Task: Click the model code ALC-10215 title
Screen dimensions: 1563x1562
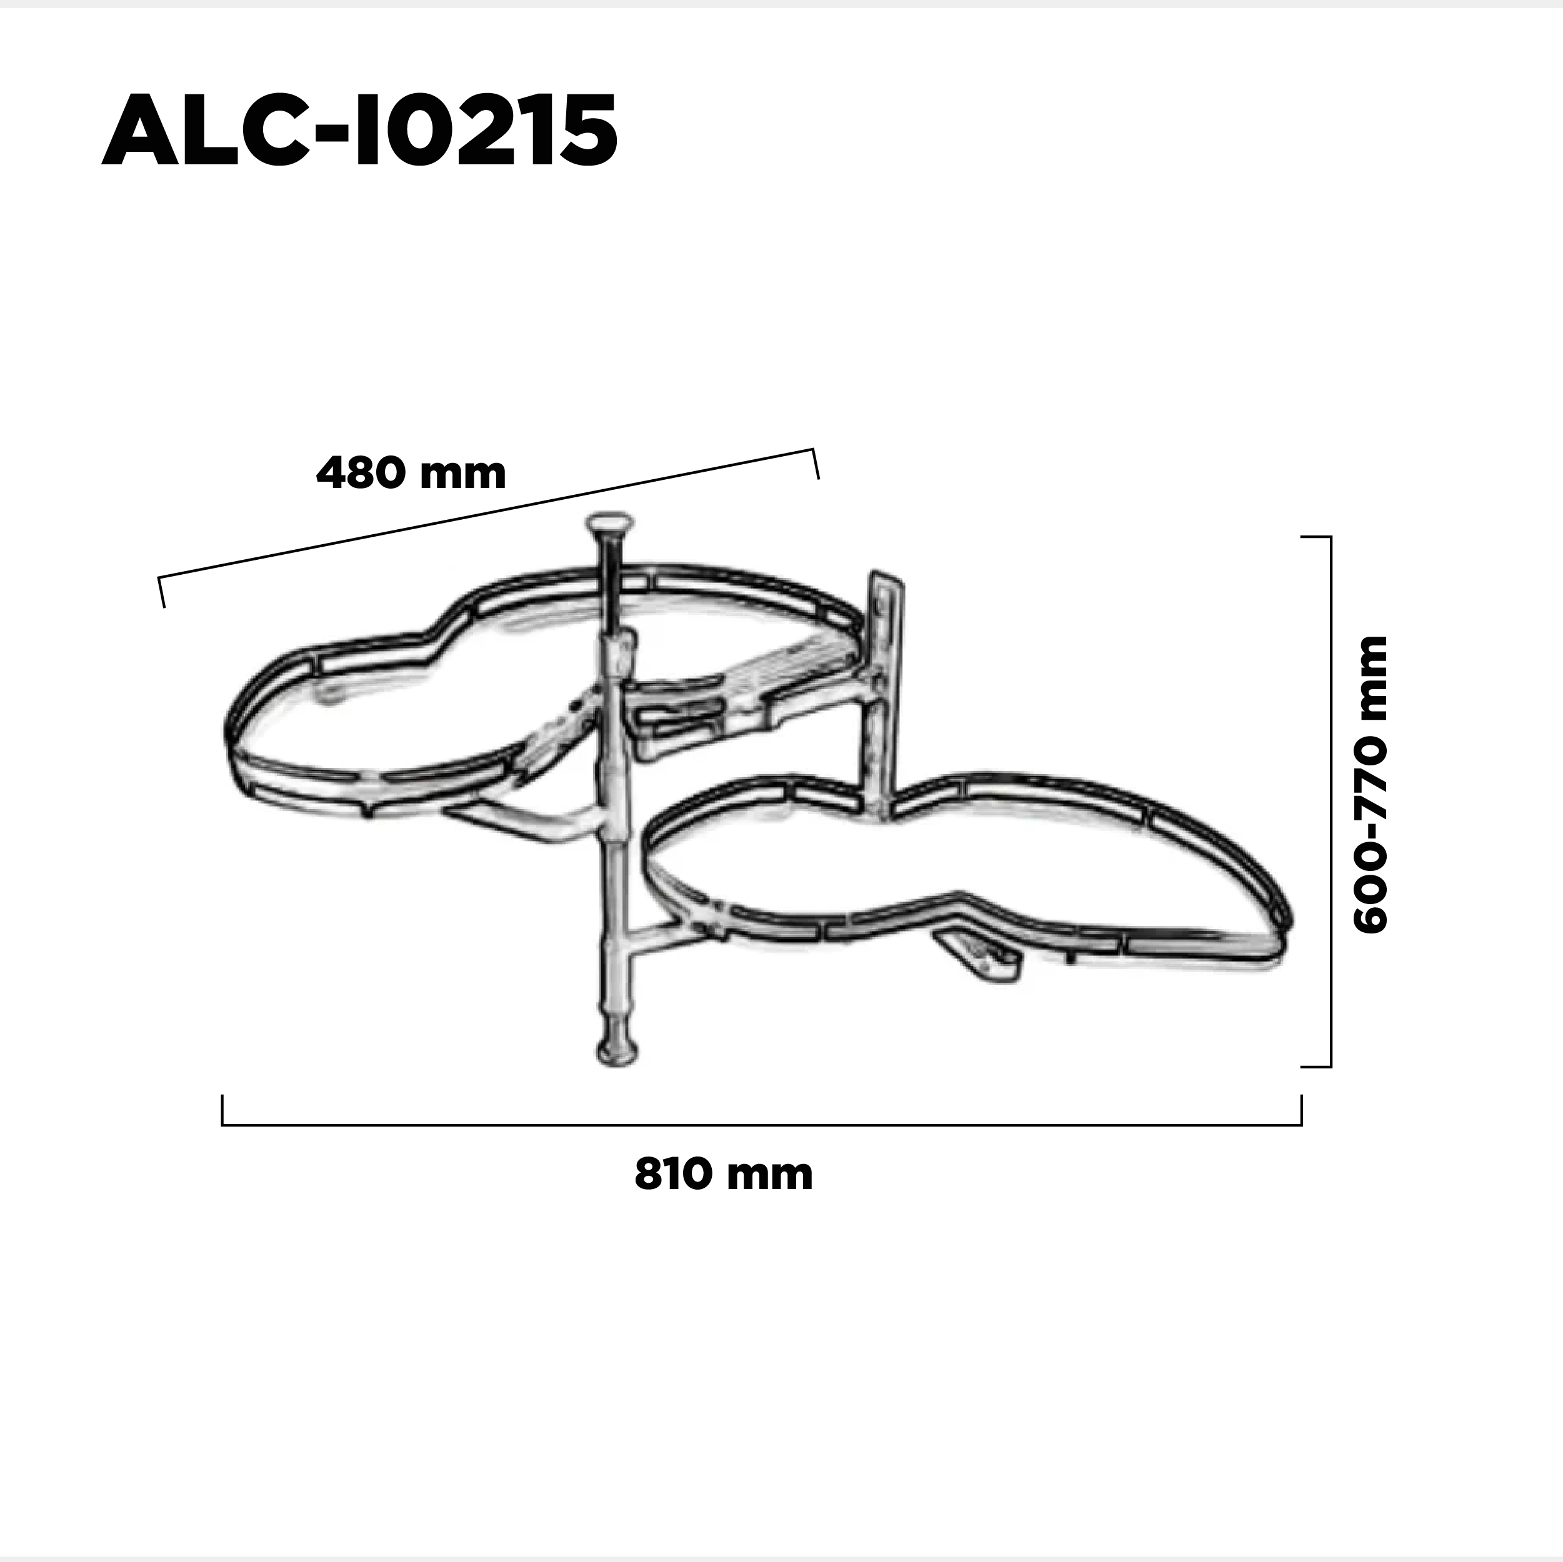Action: (x=360, y=130)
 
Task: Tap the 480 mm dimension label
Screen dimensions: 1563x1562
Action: (x=411, y=473)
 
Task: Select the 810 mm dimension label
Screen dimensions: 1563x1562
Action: (x=723, y=1174)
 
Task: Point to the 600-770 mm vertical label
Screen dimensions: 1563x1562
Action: (x=1371, y=785)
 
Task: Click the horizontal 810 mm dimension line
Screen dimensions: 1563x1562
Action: (x=761, y=1125)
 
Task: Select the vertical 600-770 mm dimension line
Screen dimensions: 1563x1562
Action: (x=1330, y=801)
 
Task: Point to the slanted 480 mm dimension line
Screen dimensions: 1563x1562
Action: (x=488, y=513)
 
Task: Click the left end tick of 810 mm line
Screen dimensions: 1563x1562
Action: (x=222, y=1110)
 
